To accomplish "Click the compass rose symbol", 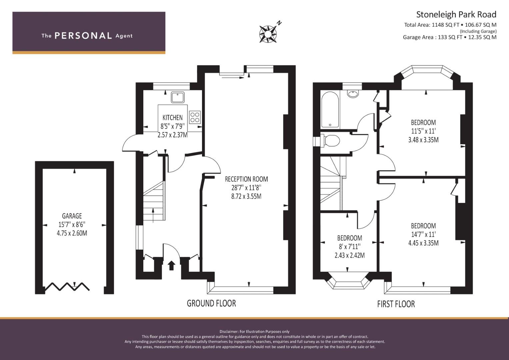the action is click(268, 34).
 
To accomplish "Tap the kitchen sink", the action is click(178, 97).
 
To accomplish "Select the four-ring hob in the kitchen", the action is click(195, 117).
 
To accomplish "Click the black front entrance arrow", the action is click(171, 265).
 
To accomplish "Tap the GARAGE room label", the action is click(72, 216).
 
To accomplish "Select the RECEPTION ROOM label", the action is click(246, 179).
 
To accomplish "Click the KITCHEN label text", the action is click(172, 117).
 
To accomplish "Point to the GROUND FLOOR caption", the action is click(211, 303).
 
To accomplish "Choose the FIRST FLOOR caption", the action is click(396, 304).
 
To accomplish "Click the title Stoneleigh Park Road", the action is click(456, 15).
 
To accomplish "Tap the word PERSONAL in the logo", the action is click(83, 36).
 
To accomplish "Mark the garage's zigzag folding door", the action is click(67, 287).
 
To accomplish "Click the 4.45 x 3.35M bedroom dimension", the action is click(423, 243).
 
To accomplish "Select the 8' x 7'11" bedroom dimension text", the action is click(349, 247).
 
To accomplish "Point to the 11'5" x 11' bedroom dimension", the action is click(423, 131).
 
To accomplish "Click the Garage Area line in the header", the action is click(450, 37).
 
